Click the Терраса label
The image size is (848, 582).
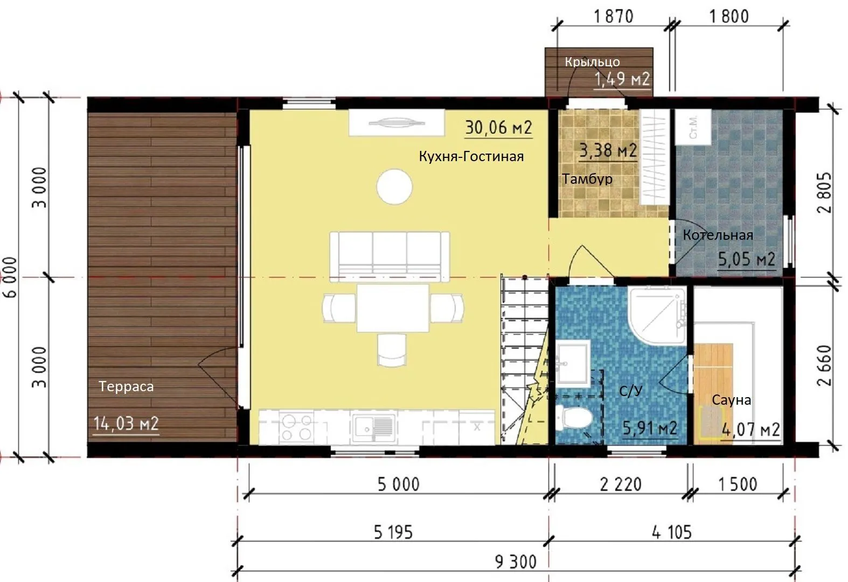tap(126, 386)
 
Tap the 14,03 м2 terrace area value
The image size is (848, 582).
tap(126, 424)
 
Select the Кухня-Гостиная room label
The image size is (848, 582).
tap(471, 156)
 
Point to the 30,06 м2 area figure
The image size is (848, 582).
tap(498, 128)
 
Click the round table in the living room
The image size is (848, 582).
tap(394, 186)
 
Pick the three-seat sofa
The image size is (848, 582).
tap(390, 257)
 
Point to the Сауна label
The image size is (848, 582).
tap(732, 400)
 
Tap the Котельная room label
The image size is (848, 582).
tap(718, 235)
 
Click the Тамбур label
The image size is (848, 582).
tap(587, 179)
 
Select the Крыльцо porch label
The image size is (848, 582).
tap(593, 62)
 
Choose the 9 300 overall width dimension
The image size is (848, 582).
tap(516, 562)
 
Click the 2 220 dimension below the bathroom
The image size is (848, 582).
tap(621, 484)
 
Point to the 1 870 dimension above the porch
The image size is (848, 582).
tap(614, 17)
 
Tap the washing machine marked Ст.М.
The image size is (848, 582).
tap(693, 127)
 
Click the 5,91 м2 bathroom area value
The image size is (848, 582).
tap(650, 428)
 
